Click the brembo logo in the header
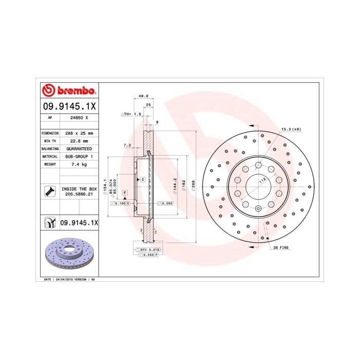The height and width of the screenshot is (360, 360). (68, 91)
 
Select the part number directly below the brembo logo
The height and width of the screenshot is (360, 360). (68, 107)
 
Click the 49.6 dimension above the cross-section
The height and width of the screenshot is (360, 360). (144, 96)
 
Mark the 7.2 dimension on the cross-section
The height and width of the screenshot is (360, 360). (127, 146)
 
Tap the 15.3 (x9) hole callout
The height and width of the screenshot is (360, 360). (291, 129)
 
